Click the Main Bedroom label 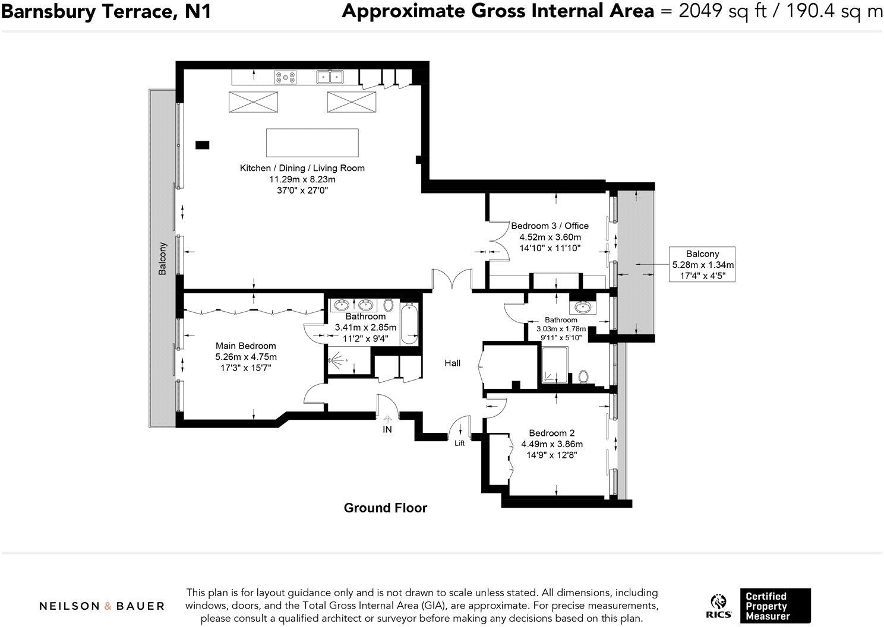245,346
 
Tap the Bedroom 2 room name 552,433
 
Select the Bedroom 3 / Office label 550,226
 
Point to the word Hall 452,363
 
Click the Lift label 460,444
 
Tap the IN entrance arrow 387,419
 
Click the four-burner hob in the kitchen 285,77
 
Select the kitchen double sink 330,77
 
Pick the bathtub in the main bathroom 409,324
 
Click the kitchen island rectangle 312,142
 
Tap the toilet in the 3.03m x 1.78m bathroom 583,376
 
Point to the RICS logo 719,607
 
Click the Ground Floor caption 386,508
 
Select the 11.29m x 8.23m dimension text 302,179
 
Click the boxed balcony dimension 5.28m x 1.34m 703,265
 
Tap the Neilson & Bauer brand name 102,606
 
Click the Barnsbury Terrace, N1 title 106,11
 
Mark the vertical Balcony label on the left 163,258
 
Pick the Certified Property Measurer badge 775,606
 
